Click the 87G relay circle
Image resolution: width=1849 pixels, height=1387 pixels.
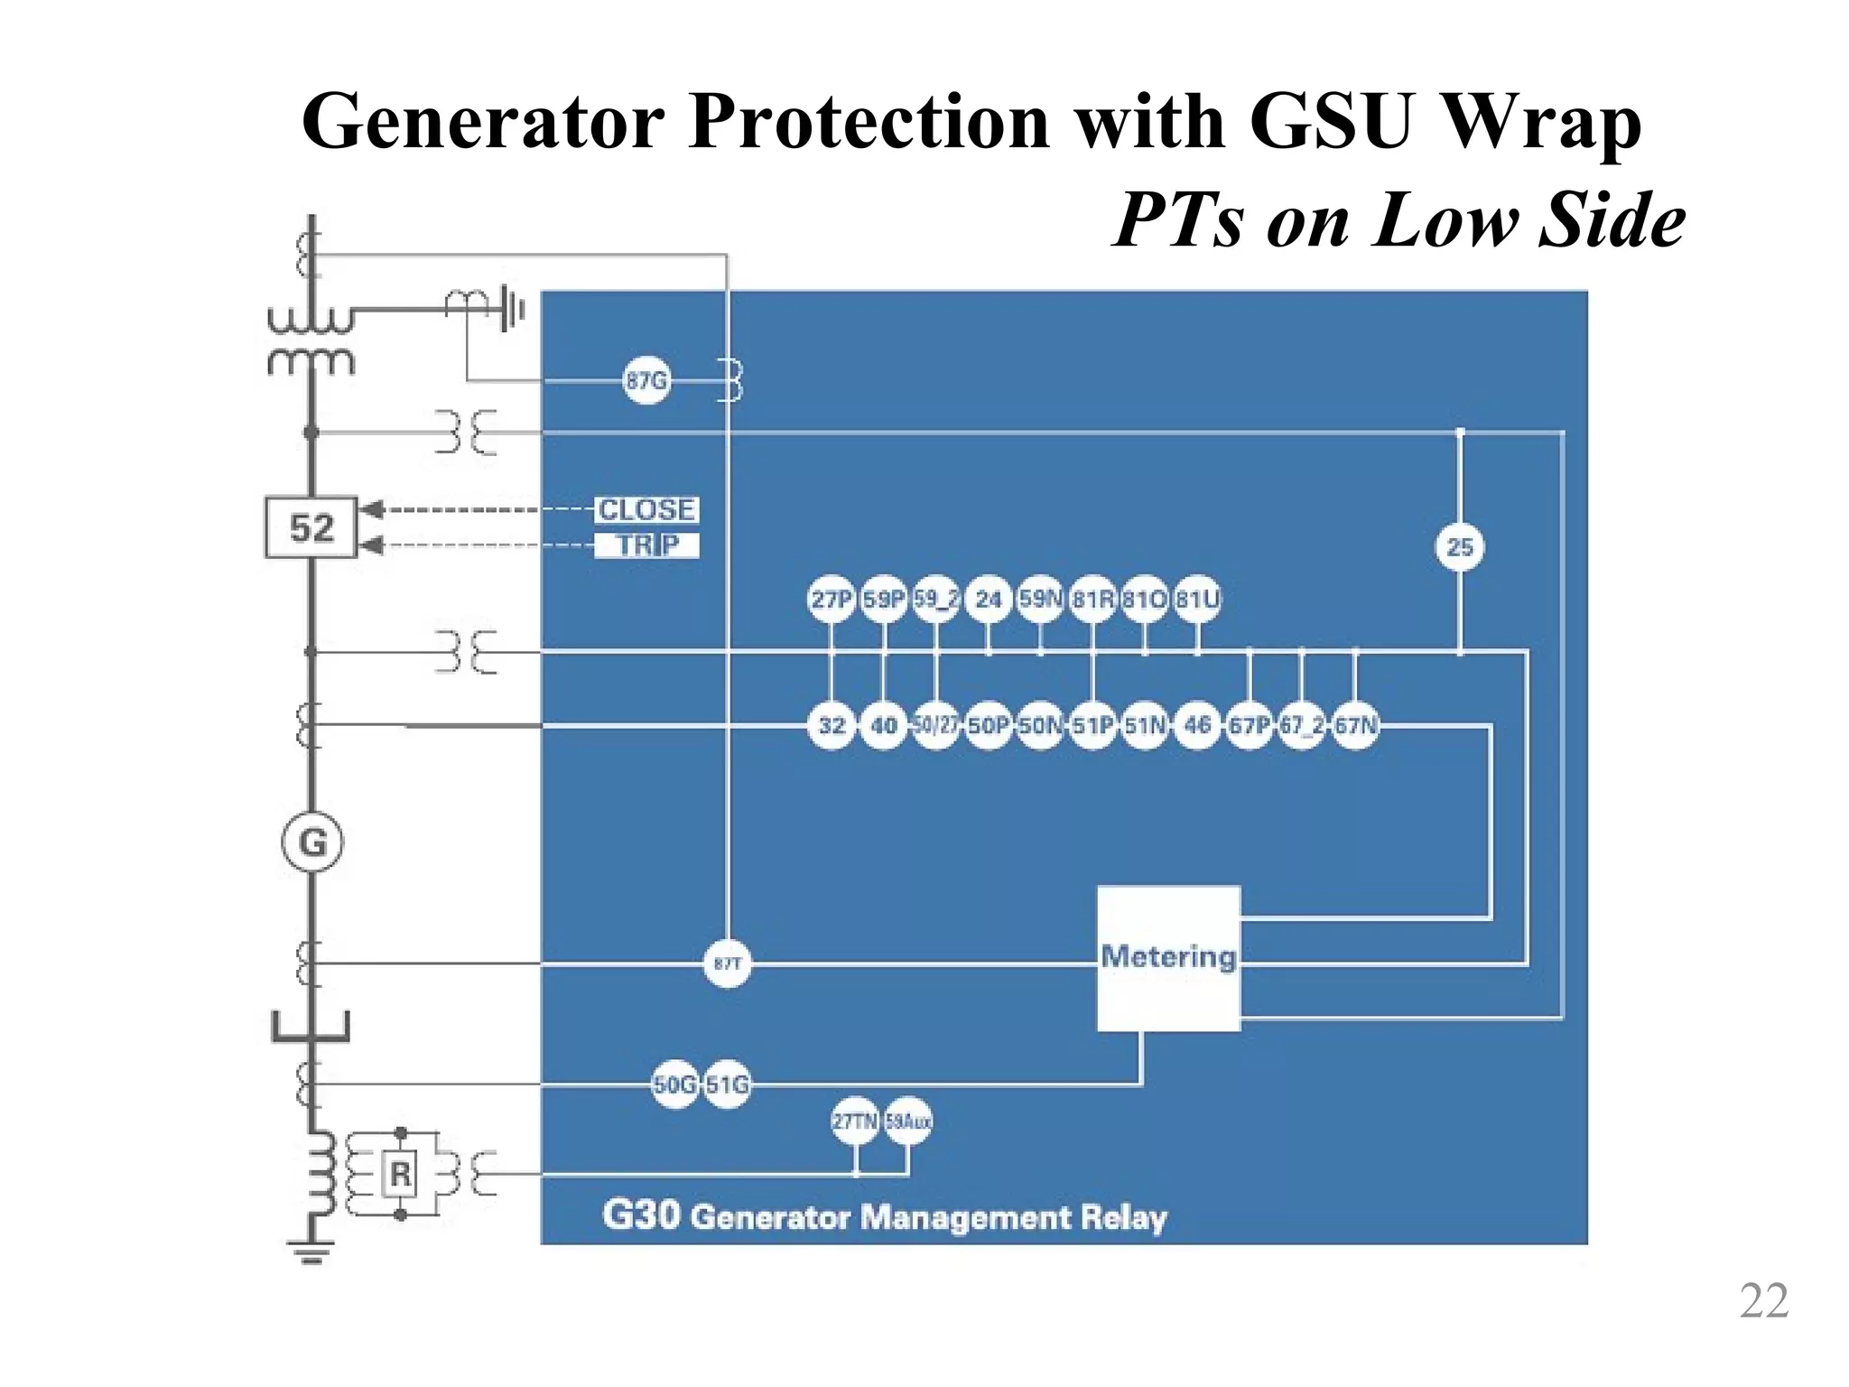pyautogui.click(x=646, y=380)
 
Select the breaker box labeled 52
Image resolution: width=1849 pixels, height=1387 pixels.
pyautogui.click(x=311, y=526)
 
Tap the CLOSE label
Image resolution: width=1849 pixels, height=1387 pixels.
pyautogui.click(x=646, y=509)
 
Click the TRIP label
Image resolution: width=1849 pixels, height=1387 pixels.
pyautogui.click(x=646, y=545)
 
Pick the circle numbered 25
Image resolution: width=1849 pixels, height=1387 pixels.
pyautogui.click(x=1460, y=547)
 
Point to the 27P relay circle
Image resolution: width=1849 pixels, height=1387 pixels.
pyautogui.click(x=831, y=600)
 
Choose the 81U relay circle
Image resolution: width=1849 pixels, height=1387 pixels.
pyautogui.click(x=1197, y=600)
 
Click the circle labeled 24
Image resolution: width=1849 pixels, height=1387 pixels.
pyautogui.click(x=989, y=600)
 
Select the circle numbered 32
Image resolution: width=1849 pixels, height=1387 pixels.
pyautogui.click(x=832, y=725)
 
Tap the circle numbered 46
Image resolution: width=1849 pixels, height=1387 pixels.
pyautogui.click(x=1197, y=725)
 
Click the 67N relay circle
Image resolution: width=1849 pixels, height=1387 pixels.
pyautogui.click(x=1355, y=725)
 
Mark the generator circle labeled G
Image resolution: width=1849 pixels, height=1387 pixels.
pyautogui.click(x=311, y=842)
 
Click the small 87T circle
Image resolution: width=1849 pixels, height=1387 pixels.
pyautogui.click(x=727, y=963)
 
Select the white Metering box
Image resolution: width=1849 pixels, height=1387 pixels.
pyautogui.click(x=1168, y=958)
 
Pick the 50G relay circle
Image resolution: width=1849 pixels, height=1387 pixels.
pyautogui.click(x=674, y=1084)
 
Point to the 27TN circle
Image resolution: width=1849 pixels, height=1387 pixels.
pyautogui.click(x=854, y=1122)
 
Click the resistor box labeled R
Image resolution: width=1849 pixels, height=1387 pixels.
pyautogui.click(x=400, y=1174)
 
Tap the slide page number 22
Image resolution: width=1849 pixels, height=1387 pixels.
pyautogui.click(x=1763, y=1301)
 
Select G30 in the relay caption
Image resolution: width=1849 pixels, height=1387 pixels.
pyautogui.click(x=640, y=1215)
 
